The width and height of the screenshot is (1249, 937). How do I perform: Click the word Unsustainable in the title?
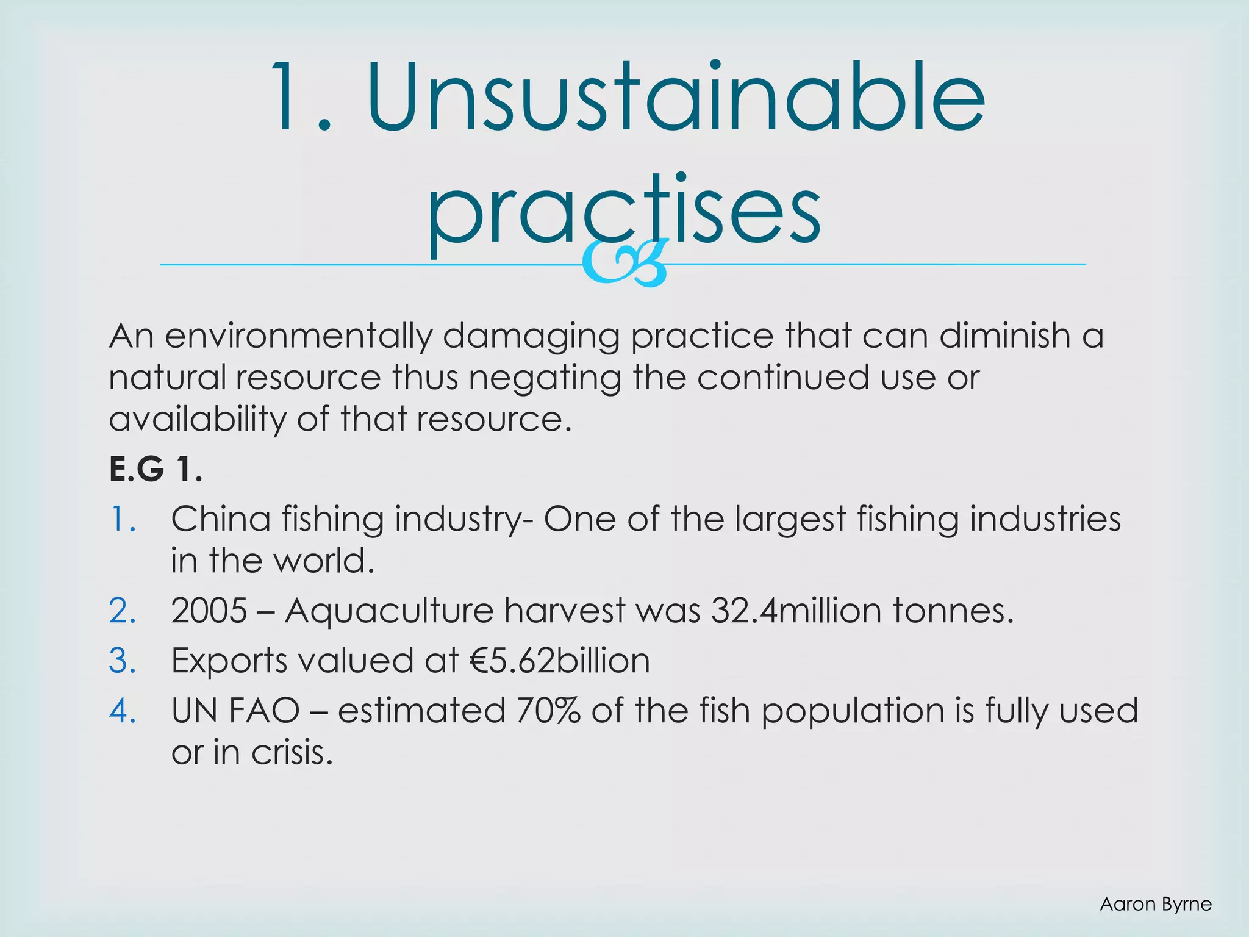coord(676,98)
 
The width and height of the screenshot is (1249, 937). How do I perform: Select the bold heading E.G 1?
coord(156,470)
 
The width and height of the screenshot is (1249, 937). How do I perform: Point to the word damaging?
coord(531,336)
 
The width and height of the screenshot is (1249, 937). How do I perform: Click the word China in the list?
coord(220,520)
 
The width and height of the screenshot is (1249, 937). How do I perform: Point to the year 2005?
coord(209,611)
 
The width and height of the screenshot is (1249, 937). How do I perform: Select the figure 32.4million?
coord(795,611)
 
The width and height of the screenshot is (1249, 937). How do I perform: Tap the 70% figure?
coord(548,711)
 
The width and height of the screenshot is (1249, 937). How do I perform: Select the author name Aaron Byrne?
coord(1155,904)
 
